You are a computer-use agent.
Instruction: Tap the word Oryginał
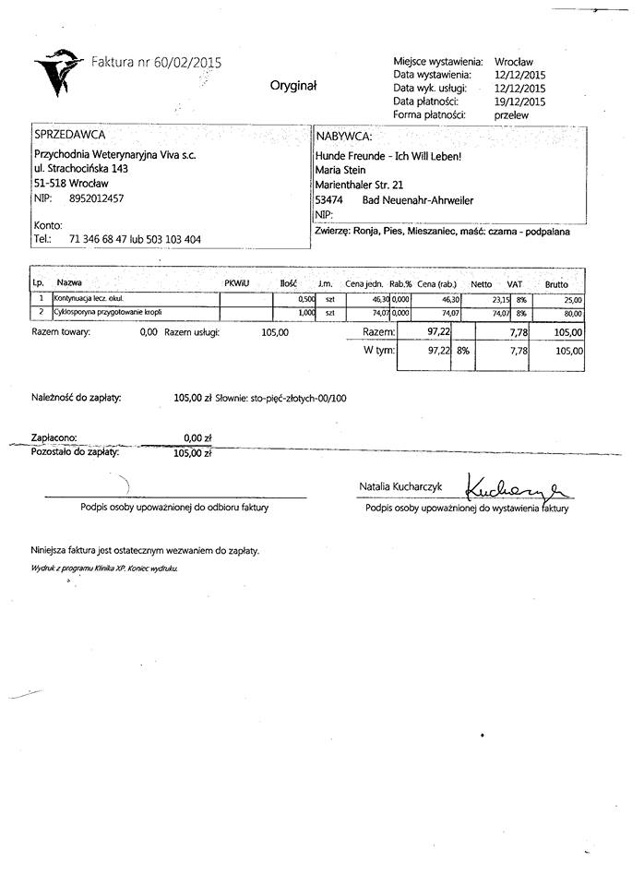292,85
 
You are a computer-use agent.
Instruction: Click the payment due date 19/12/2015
520,102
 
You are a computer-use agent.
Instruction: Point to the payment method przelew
512,115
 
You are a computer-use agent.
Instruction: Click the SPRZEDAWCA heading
69,135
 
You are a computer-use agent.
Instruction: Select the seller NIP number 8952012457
97,198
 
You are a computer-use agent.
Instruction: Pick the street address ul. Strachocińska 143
81,169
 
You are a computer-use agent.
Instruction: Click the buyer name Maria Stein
340,170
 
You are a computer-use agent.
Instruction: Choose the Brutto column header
555,284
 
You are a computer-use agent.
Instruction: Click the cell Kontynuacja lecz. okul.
89,299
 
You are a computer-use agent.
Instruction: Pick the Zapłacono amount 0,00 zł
198,438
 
